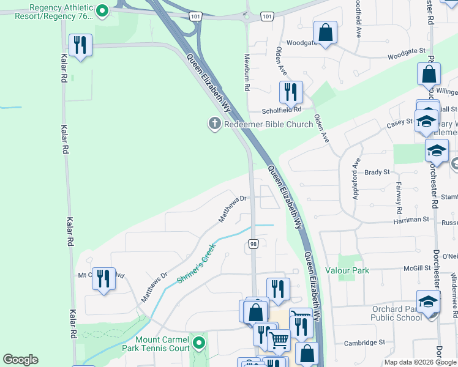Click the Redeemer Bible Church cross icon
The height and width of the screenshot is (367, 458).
click(x=214, y=124)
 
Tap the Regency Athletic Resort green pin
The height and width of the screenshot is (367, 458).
click(x=103, y=10)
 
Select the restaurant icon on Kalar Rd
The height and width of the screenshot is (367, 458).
click(x=80, y=46)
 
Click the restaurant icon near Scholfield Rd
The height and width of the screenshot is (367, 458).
click(x=291, y=92)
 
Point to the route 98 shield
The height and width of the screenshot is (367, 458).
click(x=253, y=245)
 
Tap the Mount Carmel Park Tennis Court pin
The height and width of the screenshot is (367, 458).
click(x=198, y=342)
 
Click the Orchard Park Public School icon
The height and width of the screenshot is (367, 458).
click(x=428, y=301)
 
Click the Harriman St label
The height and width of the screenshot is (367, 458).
click(x=411, y=219)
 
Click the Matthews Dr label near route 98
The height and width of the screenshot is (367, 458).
click(x=233, y=208)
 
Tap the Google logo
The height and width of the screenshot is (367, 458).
click(x=20, y=360)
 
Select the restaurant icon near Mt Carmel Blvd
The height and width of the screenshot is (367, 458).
click(x=103, y=279)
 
